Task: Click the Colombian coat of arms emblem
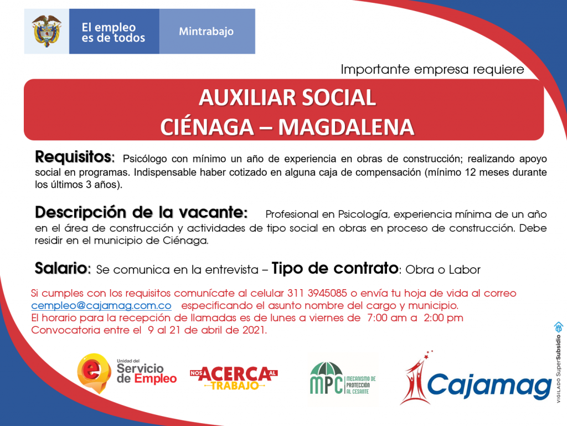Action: click(47, 31)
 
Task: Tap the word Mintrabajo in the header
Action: click(206, 32)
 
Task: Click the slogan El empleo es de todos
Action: click(113, 33)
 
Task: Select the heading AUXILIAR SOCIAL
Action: click(287, 97)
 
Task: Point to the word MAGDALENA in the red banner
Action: click(346, 127)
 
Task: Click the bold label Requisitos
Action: click(75, 157)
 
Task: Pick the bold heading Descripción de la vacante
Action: click(141, 212)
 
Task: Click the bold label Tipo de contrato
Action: click(335, 269)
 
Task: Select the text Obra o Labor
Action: click(443, 270)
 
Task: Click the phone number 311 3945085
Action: click(317, 293)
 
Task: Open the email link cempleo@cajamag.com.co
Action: click(101, 306)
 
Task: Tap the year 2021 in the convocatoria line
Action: click(254, 330)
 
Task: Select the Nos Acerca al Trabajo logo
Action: click(234, 378)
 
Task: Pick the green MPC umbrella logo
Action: click(342, 378)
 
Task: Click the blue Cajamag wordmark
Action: click(489, 386)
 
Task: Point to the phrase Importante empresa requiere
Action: click(432, 69)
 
